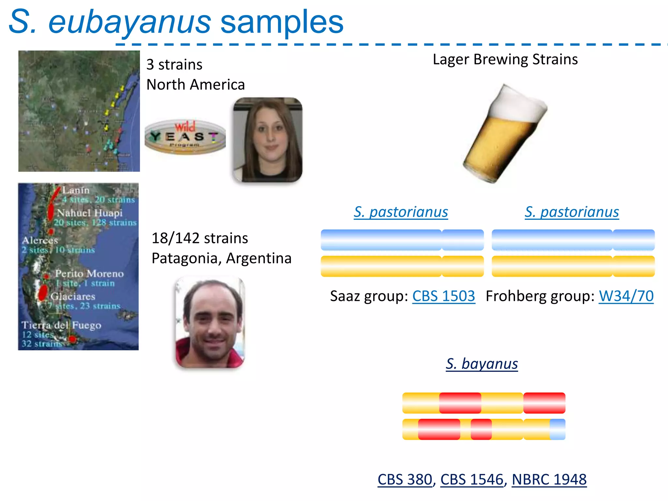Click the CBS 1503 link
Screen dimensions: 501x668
coord(443,296)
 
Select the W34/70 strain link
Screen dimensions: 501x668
coord(626,296)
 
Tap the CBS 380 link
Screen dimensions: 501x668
coord(405,479)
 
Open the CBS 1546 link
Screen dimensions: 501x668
coord(472,479)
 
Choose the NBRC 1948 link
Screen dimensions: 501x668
coord(549,479)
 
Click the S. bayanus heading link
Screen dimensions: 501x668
coord(482,364)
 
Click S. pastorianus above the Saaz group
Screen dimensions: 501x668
coord(401,212)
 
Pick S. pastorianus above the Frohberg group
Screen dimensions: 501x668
coord(572,212)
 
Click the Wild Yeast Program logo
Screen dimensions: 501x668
coord(185,137)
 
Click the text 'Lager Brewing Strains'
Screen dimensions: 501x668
coord(505,59)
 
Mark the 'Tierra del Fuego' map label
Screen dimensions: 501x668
coord(61,325)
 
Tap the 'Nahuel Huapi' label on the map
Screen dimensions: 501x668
coord(90,213)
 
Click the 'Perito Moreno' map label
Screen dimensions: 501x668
coord(89,273)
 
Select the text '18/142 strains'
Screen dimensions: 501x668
coord(200,238)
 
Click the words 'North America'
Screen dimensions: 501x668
coord(195,84)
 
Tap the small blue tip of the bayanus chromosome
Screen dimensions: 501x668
coord(557,429)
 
